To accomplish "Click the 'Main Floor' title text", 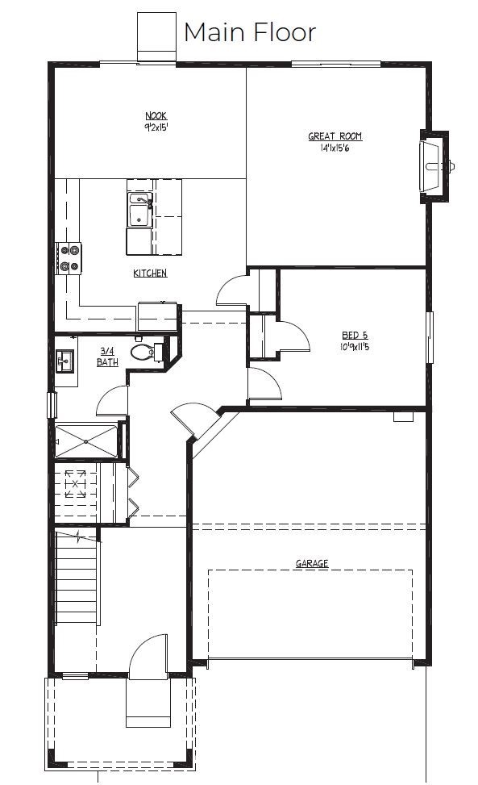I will click(x=249, y=32).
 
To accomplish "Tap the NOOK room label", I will click(x=156, y=116).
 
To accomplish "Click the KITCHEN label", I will click(x=150, y=273).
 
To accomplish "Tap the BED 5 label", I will click(x=355, y=334).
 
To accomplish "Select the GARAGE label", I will click(x=311, y=564).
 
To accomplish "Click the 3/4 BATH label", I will click(x=107, y=357).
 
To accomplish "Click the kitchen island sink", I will click(x=139, y=210).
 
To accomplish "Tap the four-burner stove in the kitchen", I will click(x=69, y=257).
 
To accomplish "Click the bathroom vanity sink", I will click(x=64, y=360).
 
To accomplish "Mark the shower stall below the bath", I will click(x=85, y=440).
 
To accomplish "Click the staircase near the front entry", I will click(x=77, y=577).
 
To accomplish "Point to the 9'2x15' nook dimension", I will click(x=156, y=127).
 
